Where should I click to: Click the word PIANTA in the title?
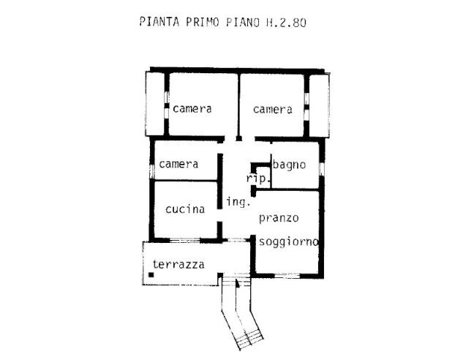click(158, 22)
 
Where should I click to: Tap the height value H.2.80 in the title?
click(285, 22)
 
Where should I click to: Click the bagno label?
click(289, 164)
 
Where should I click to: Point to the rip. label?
click(259, 179)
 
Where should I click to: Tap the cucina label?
click(184, 209)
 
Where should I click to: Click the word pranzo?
click(279, 218)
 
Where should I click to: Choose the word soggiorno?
click(288, 241)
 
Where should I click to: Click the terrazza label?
click(178, 264)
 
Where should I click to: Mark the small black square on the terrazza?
click(151, 275)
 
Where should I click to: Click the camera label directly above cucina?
click(178, 164)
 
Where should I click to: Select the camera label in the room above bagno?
click(273, 109)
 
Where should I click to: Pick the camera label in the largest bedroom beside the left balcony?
click(192, 109)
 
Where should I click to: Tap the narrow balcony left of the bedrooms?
click(155, 105)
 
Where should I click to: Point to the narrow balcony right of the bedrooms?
click(319, 105)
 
